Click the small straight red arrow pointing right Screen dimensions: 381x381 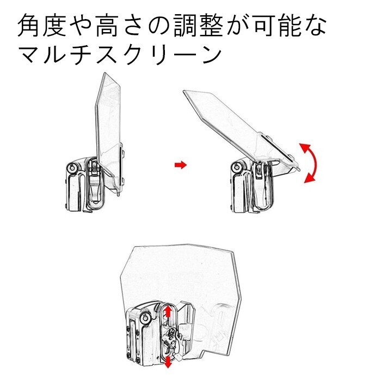tap(180, 164)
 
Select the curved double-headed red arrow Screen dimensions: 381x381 tap(311, 162)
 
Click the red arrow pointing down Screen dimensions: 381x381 tap(168, 362)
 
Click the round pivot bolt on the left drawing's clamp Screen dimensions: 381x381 tap(72, 169)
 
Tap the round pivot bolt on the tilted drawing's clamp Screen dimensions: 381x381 tap(238, 166)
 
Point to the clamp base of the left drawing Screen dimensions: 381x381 tap(82, 188)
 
